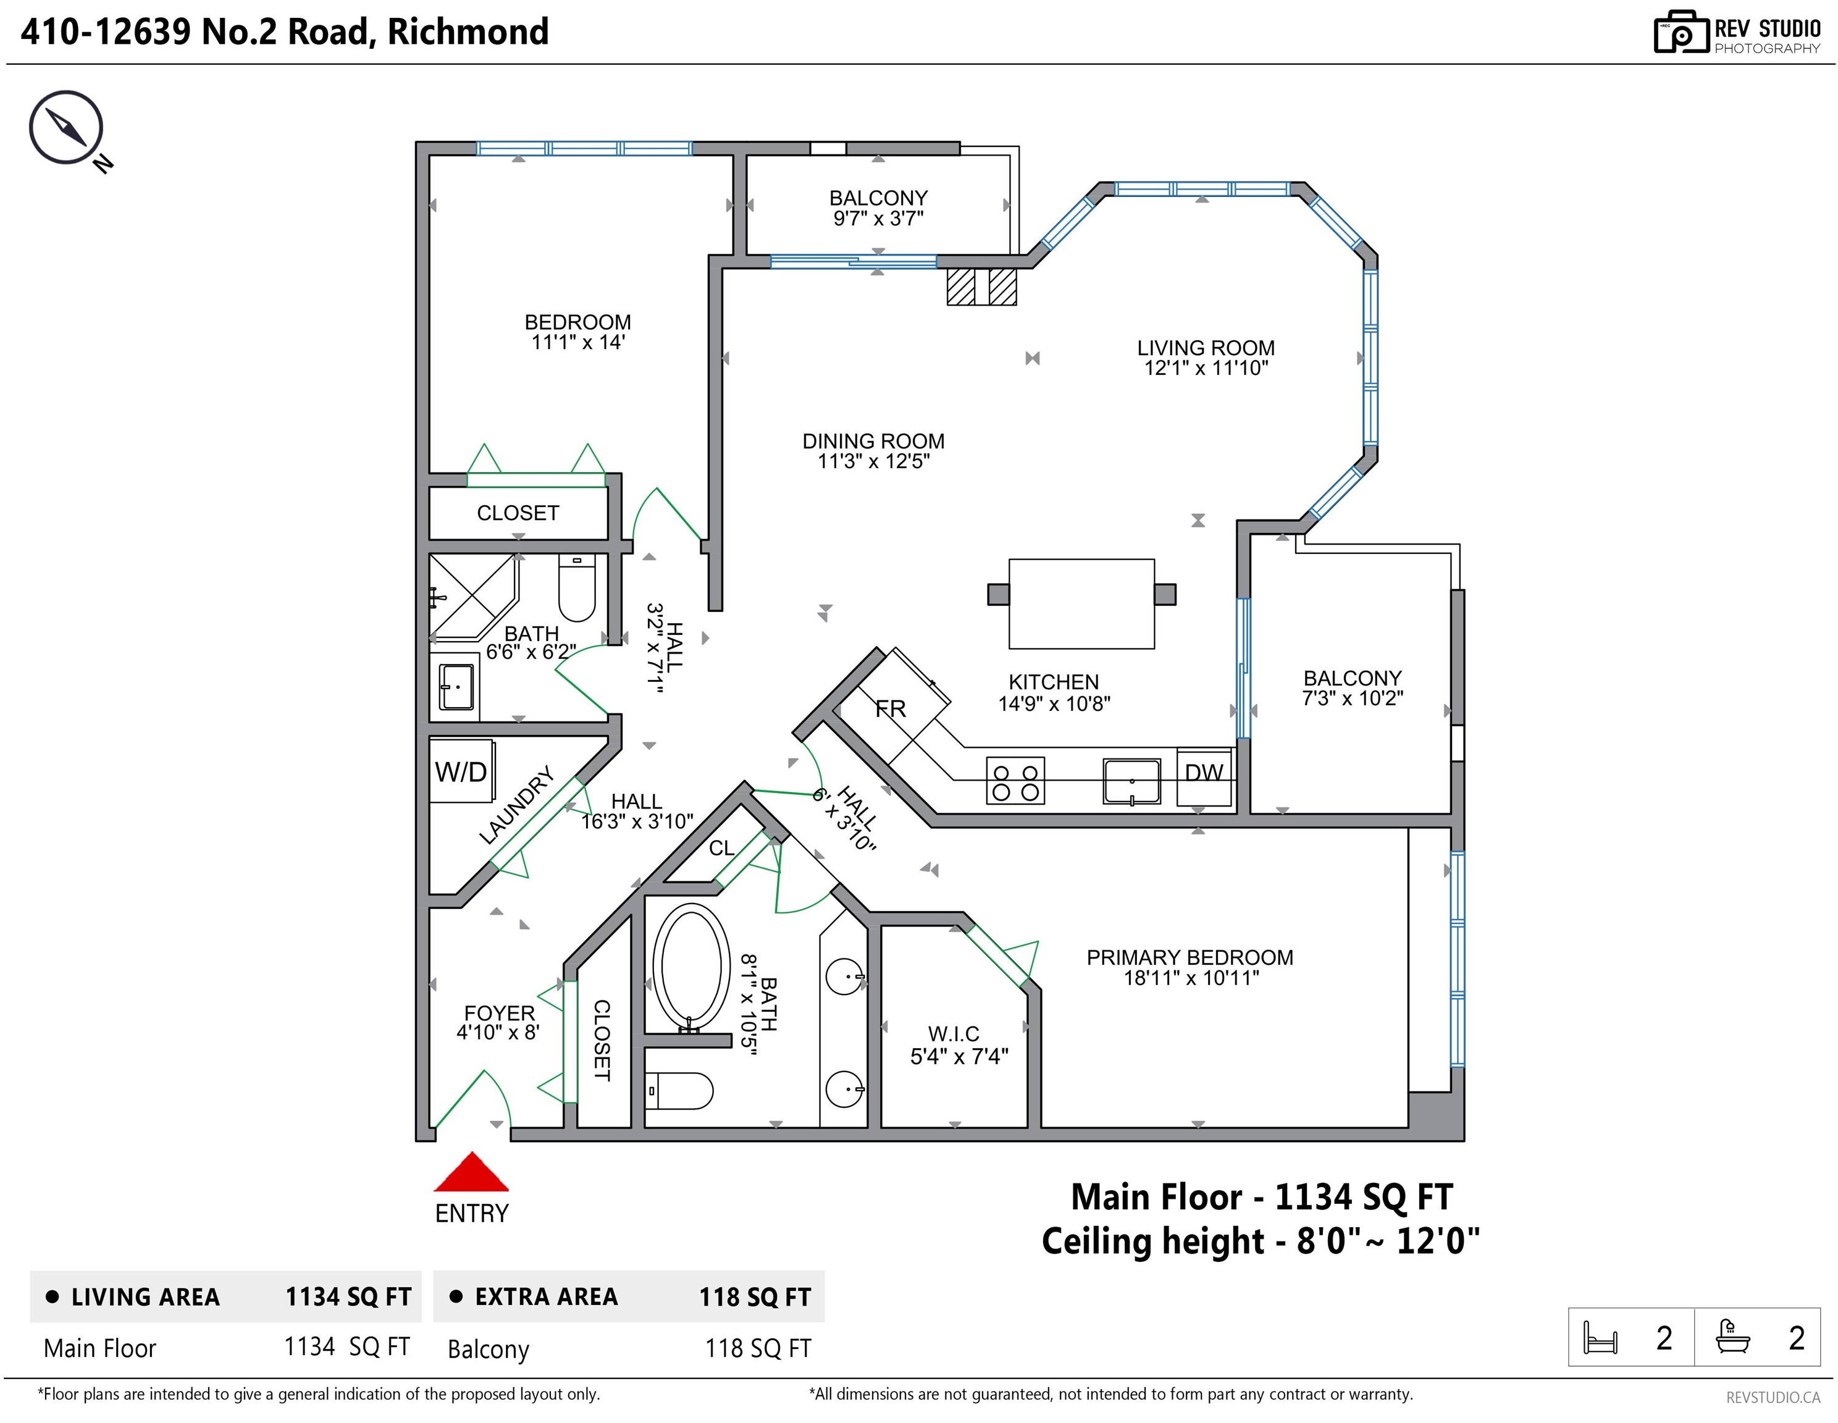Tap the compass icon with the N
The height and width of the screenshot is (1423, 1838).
[67, 128]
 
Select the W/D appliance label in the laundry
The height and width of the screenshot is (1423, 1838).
[460, 771]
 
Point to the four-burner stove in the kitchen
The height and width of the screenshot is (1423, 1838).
[1015, 781]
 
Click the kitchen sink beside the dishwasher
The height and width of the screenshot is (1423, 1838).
[1132, 781]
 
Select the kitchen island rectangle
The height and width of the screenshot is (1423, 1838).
[1081, 603]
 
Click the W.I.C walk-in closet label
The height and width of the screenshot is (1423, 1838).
[954, 1033]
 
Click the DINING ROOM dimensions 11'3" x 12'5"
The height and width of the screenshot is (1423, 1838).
[873, 461]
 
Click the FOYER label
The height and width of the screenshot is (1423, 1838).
[499, 1013]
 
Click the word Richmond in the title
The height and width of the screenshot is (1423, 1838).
[468, 32]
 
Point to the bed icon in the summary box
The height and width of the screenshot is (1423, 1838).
[1600, 1337]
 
